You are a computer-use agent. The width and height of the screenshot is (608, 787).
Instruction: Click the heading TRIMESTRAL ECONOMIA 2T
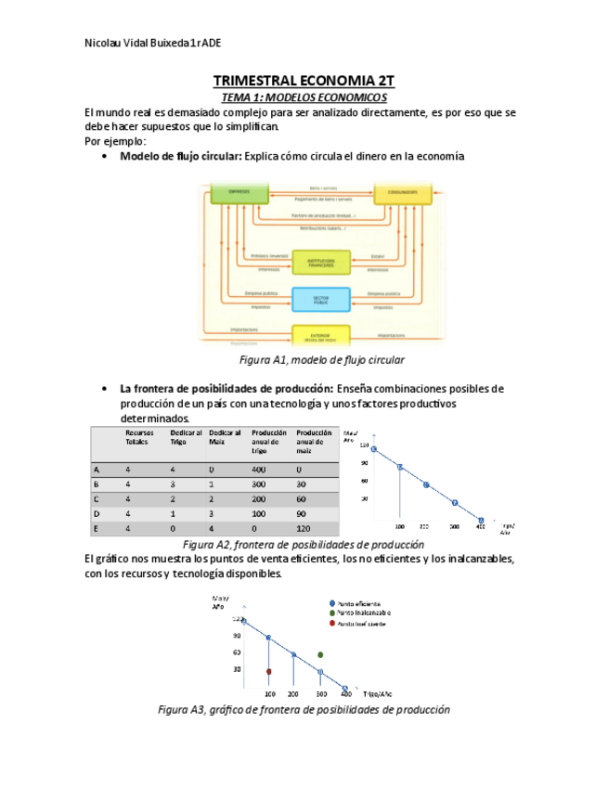[x=304, y=82]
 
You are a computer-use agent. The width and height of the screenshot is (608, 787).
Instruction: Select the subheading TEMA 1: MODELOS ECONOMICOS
[x=304, y=97]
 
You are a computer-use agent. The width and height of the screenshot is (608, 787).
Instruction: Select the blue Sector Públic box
[x=321, y=299]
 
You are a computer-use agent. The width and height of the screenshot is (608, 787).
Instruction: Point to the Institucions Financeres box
[x=321, y=262]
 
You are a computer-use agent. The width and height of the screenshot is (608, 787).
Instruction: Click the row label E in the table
[x=97, y=528]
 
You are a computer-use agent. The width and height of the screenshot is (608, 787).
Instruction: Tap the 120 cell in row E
[x=304, y=528]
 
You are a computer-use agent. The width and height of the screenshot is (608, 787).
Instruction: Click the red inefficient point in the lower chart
[x=268, y=671]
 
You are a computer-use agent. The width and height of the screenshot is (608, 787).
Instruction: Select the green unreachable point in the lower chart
[x=320, y=655]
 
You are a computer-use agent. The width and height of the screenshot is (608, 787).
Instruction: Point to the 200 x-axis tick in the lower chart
[x=293, y=694]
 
